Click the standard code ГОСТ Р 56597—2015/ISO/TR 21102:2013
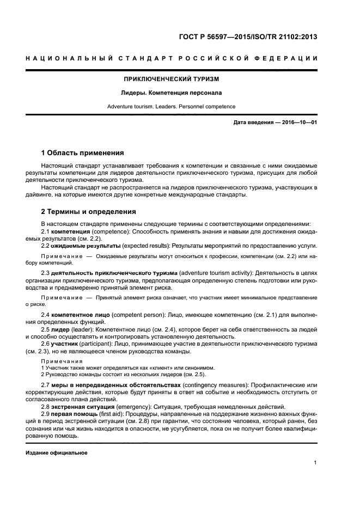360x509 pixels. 248,38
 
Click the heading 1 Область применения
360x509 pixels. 83,152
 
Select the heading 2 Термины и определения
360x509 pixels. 89,212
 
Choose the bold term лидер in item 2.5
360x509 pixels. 60,330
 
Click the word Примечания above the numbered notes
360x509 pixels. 59,361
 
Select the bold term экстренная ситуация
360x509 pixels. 82,407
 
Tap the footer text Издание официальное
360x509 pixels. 57,452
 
